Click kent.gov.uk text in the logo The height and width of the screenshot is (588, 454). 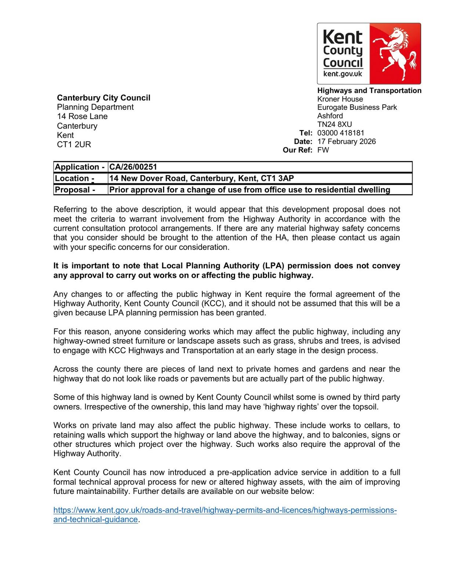[x=342, y=74]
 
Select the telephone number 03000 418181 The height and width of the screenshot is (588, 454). [x=340, y=133]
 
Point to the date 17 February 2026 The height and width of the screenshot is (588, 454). [x=346, y=141]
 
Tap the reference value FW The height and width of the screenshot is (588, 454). [x=323, y=150]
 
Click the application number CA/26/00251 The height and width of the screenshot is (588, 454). [x=133, y=167]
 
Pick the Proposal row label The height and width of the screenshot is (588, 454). [x=75, y=190]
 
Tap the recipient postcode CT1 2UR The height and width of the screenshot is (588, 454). [x=74, y=144]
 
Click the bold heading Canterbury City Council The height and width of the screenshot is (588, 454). [x=104, y=98]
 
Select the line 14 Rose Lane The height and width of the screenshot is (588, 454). [x=82, y=116]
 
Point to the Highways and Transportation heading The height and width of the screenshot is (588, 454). [x=369, y=91]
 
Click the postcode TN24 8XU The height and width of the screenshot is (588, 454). [x=334, y=125]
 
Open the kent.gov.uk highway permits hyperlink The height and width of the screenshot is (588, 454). [x=225, y=510]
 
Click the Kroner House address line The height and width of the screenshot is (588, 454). [x=340, y=99]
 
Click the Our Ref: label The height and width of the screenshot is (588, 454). [x=298, y=150]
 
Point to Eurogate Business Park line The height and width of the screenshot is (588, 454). [x=357, y=108]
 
